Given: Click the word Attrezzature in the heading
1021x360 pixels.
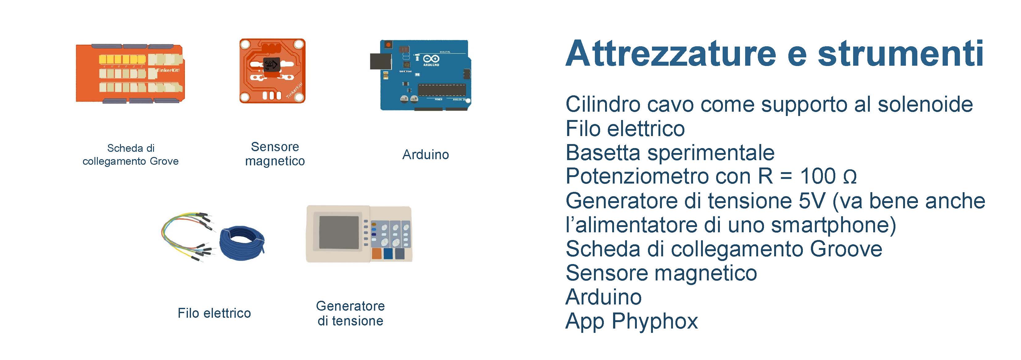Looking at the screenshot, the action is click(x=670, y=54).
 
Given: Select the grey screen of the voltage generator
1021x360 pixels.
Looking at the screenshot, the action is click(x=339, y=233).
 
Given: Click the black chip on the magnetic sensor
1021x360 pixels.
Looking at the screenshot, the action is click(x=272, y=64).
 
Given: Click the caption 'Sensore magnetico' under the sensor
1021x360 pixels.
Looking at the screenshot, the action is click(x=275, y=154).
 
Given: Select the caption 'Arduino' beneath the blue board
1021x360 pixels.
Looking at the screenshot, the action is click(x=426, y=155).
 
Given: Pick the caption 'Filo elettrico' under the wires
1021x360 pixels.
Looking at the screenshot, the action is click(x=214, y=313).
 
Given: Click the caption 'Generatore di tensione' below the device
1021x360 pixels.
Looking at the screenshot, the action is click(x=351, y=313).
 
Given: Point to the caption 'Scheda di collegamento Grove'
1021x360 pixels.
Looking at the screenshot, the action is click(x=131, y=155).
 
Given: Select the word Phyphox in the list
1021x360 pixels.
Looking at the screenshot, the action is click(x=654, y=321).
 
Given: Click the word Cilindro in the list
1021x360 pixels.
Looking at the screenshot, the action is click(x=603, y=104).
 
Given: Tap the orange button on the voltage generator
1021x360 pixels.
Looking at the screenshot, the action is click(x=376, y=254).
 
